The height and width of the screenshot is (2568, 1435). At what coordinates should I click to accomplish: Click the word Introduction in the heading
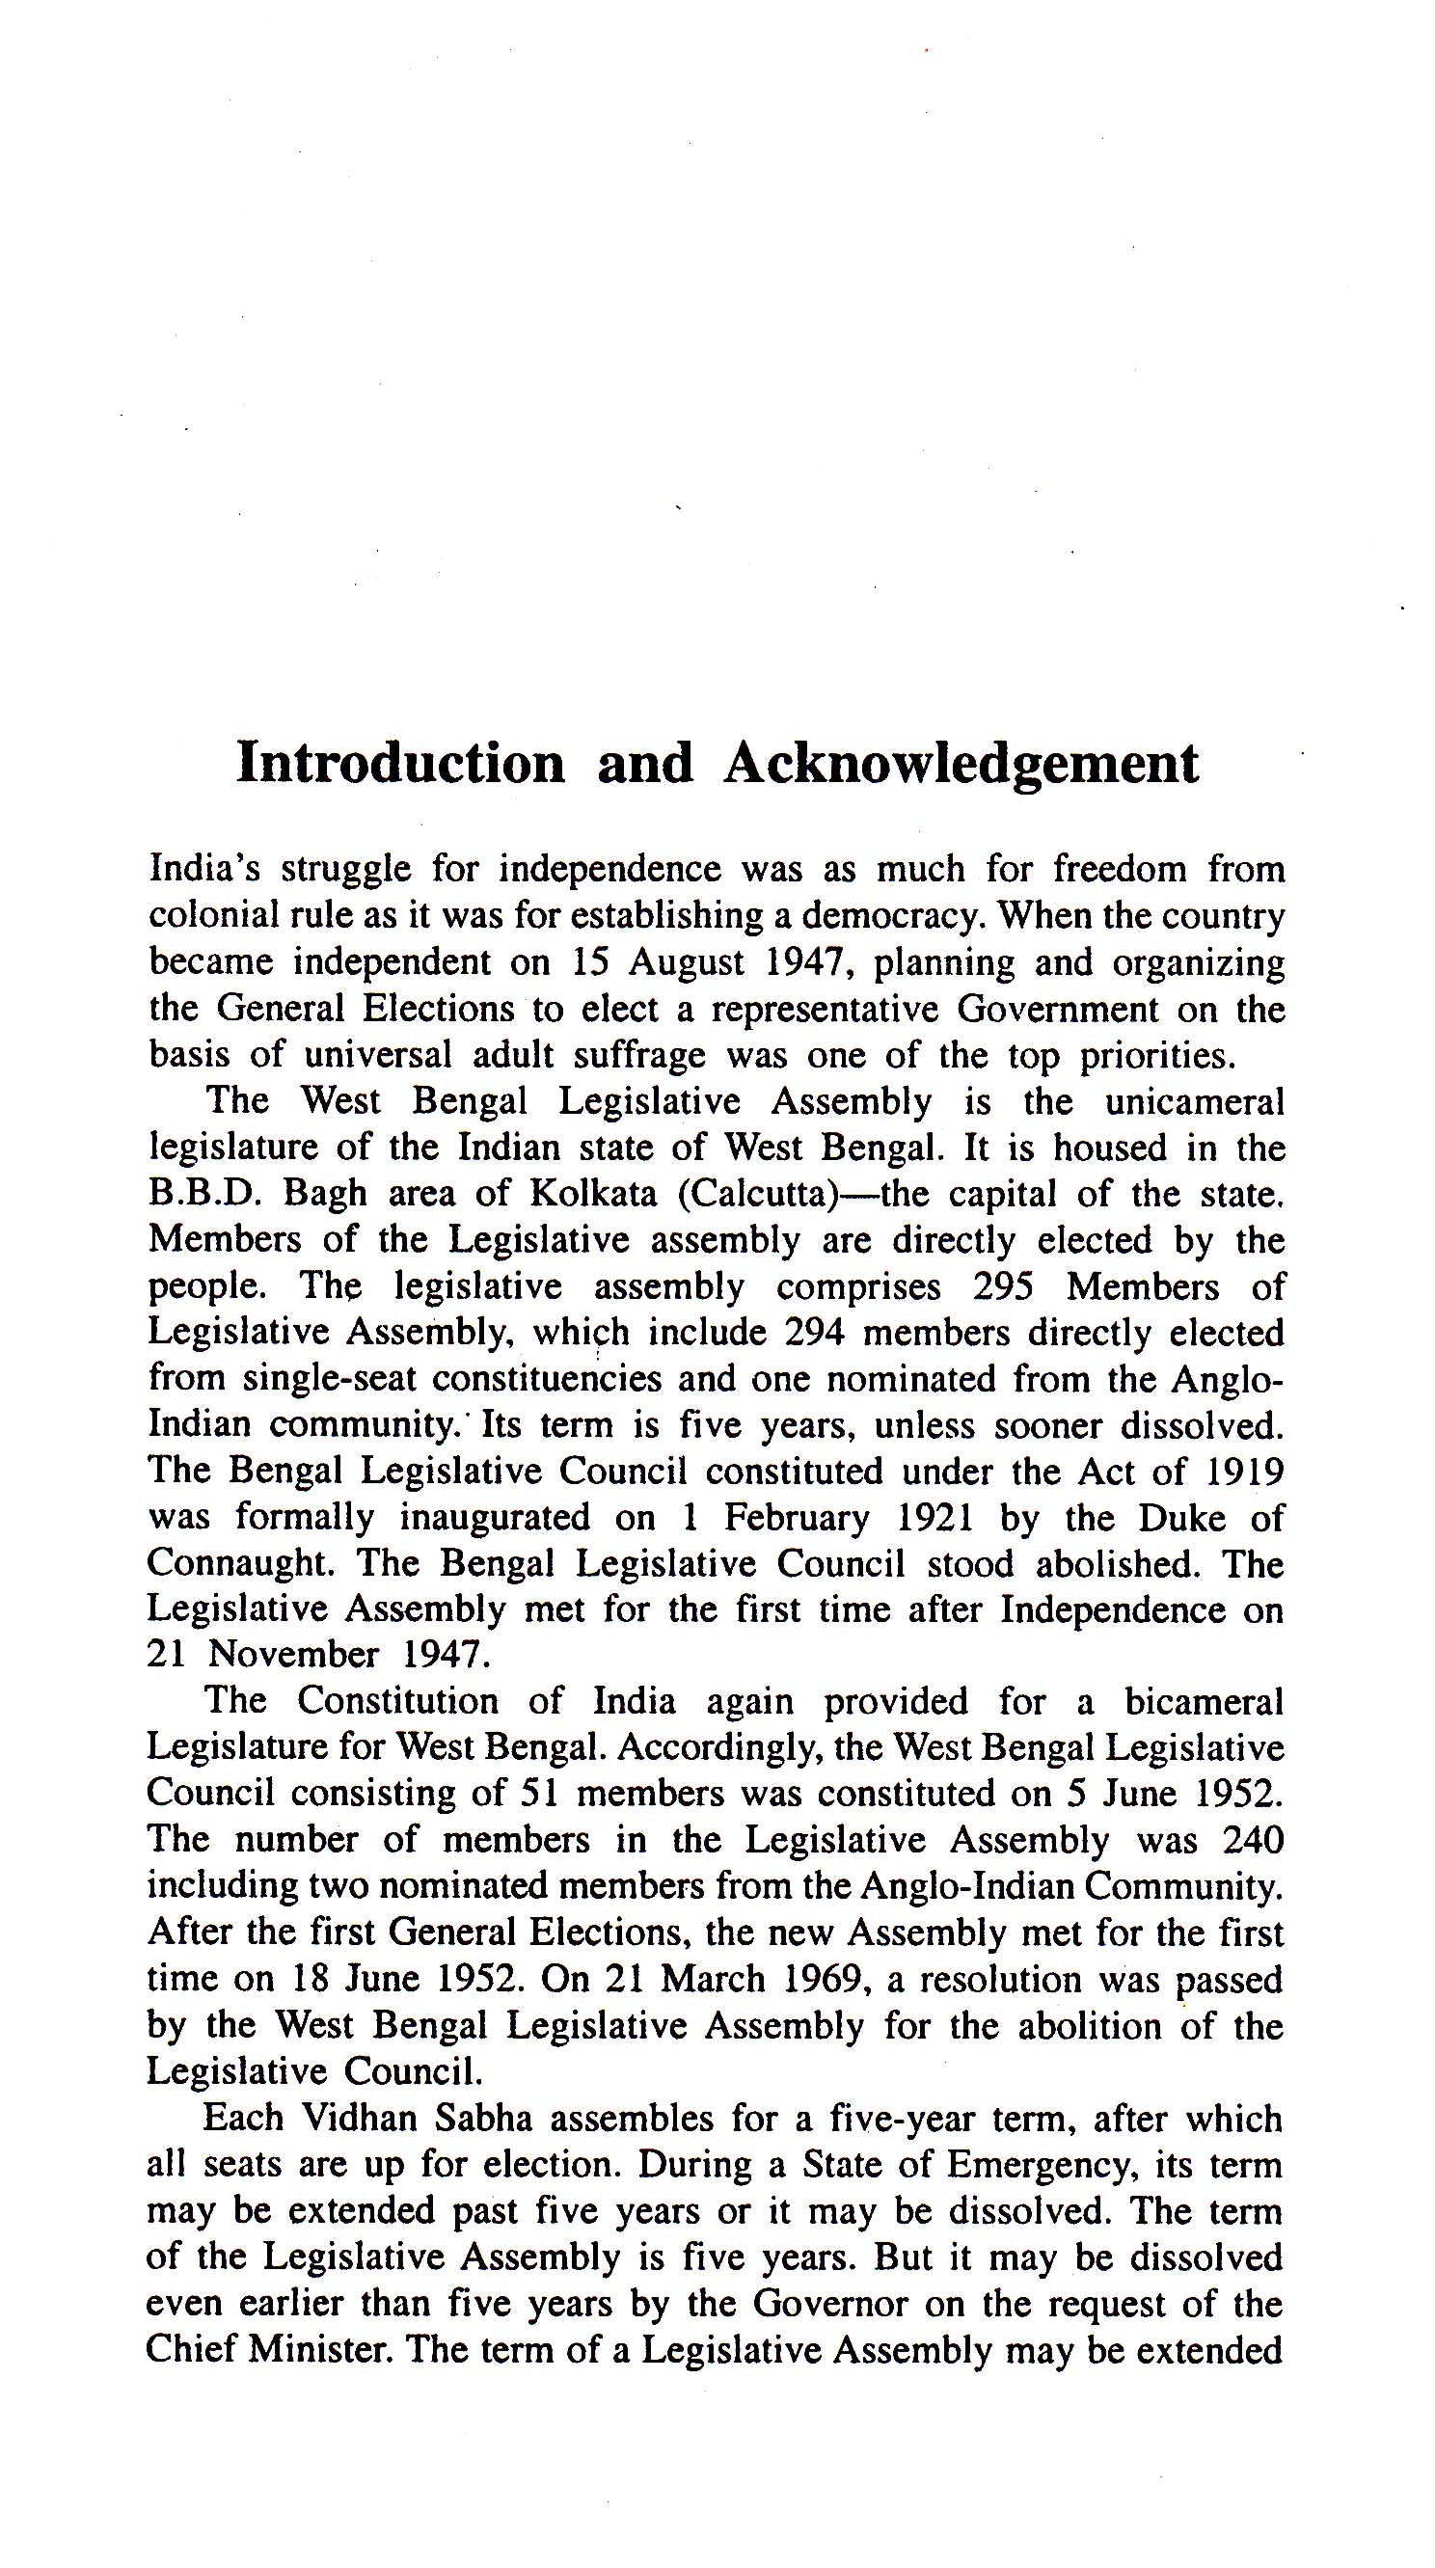[x=401, y=764]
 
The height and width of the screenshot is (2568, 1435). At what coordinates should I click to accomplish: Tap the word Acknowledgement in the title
[x=961, y=766]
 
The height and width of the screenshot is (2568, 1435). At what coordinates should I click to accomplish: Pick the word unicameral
[x=1194, y=1100]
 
